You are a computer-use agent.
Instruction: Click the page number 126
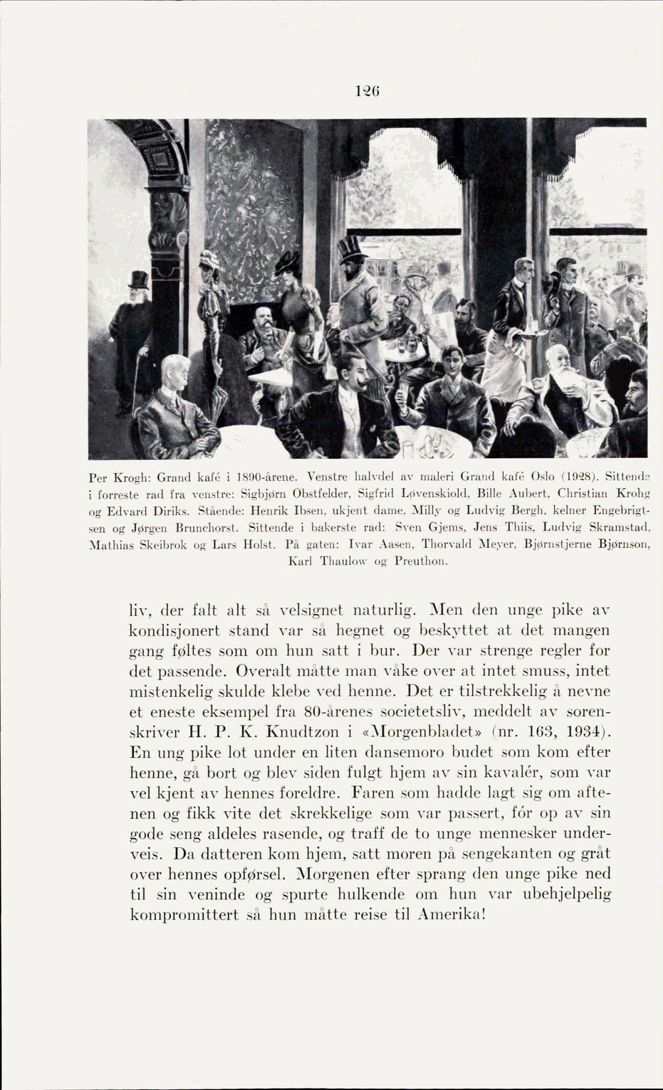pyautogui.click(x=368, y=91)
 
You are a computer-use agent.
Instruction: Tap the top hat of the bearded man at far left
pyautogui.click(x=138, y=280)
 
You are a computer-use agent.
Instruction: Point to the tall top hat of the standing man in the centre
pyautogui.click(x=351, y=247)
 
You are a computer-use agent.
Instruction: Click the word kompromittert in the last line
pyautogui.click(x=184, y=915)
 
